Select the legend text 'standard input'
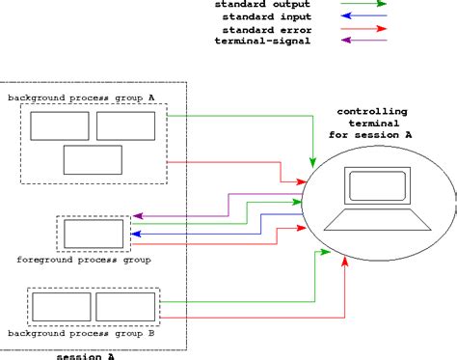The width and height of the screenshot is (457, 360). (x=263, y=17)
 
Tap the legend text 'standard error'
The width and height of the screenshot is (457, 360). (x=263, y=30)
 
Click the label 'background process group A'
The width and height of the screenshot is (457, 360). (x=81, y=97)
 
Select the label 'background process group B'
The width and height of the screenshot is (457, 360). (x=81, y=333)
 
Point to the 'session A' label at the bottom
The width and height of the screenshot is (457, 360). (x=85, y=355)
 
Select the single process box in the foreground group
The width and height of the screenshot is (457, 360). (x=94, y=235)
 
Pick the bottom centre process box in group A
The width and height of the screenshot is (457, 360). (x=93, y=158)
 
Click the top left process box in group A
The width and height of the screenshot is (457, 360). (x=60, y=125)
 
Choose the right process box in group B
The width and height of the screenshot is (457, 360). (x=125, y=307)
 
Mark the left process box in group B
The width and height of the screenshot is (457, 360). (x=61, y=307)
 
